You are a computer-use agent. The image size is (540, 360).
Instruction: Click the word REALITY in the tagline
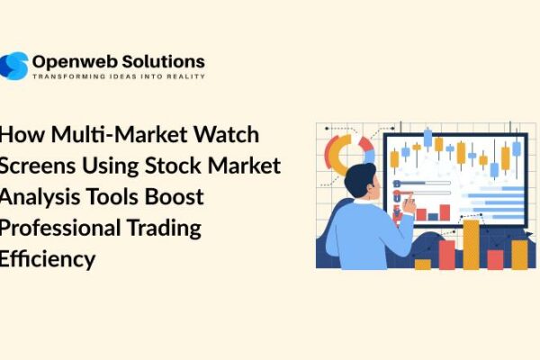186,76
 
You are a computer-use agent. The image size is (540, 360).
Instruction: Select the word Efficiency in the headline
47,259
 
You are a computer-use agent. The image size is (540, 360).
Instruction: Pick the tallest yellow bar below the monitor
471,244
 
